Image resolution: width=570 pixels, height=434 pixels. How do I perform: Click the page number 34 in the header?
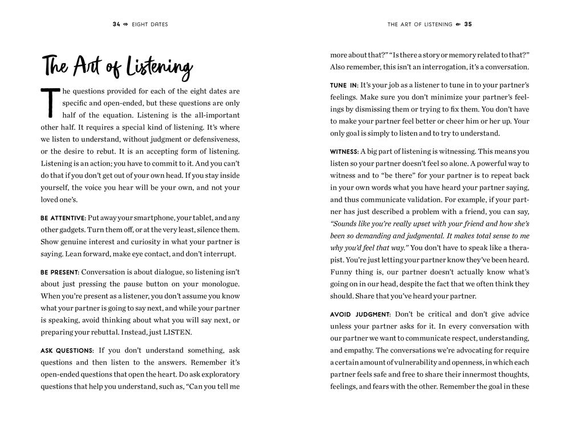pyautogui.click(x=117, y=24)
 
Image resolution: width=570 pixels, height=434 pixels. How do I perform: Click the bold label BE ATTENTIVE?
pyautogui.click(x=63, y=218)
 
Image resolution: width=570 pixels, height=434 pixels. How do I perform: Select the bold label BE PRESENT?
pyautogui.click(x=59, y=272)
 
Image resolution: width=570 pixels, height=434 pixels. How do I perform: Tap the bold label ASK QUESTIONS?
pyautogui.click(x=67, y=350)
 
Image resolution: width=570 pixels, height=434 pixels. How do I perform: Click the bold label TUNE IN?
pyautogui.click(x=344, y=85)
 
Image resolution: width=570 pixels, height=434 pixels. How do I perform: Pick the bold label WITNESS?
pyautogui.click(x=344, y=152)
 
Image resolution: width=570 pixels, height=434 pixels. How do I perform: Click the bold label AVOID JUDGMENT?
pyautogui.click(x=360, y=314)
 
